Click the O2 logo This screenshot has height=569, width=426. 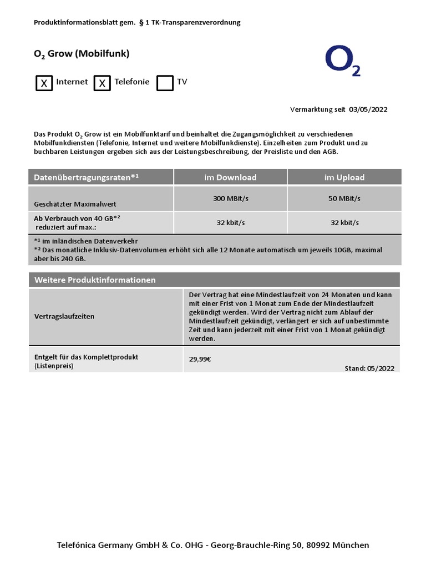[342, 61]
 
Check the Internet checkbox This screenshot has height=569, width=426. [44, 83]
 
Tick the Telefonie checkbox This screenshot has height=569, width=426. [102, 83]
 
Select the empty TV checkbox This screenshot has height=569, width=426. [165, 83]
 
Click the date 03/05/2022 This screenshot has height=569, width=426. [368, 109]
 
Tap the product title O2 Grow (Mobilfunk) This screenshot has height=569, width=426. [82, 54]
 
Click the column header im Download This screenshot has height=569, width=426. [230, 177]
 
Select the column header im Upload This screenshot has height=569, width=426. [344, 177]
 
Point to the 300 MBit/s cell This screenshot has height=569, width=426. [230, 198]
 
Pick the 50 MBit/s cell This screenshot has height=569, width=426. [344, 198]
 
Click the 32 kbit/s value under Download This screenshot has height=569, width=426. [230, 222]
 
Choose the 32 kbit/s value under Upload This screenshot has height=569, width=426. [344, 222]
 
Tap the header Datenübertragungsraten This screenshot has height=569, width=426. [86, 177]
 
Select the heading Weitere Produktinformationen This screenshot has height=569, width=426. [95, 280]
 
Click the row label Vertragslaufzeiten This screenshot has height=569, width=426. [64, 316]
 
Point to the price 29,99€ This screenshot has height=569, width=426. [200, 359]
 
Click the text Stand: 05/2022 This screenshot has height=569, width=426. [369, 368]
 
